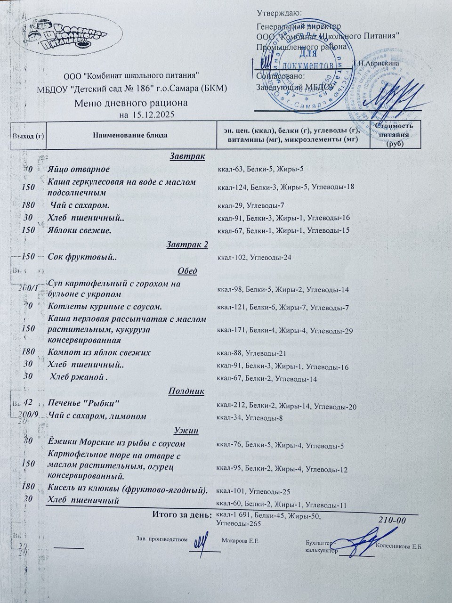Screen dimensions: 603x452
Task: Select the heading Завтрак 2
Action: pyautogui.click(x=187, y=244)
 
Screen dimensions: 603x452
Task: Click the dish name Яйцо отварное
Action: pyautogui.click(x=79, y=169)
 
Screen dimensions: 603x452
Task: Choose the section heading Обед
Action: pyautogui.click(x=187, y=271)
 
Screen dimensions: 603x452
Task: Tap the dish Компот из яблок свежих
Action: pyautogui.click(x=99, y=352)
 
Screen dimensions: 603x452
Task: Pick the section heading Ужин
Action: pyautogui.click(x=186, y=431)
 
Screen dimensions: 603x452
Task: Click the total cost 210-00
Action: pyautogui.click(x=392, y=520)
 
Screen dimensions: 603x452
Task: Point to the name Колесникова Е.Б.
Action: pyautogui.click(x=400, y=547)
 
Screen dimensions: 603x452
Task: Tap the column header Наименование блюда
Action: pyautogui.click(x=130, y=135)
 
